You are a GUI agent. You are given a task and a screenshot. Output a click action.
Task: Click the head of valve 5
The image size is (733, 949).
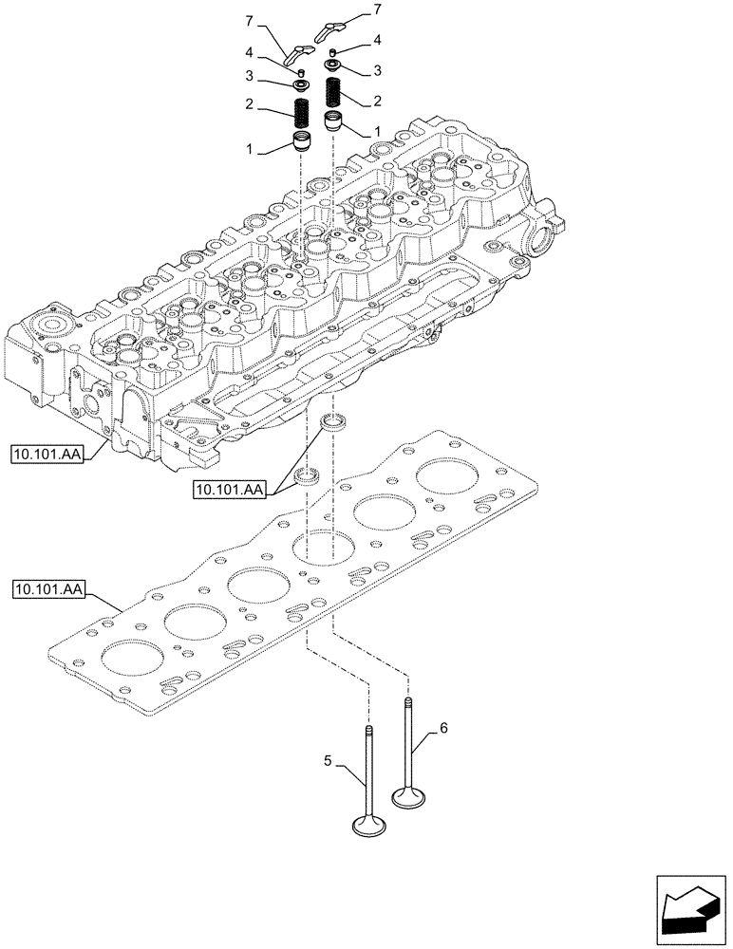369,828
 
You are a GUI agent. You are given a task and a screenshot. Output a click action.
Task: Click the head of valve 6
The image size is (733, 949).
410,798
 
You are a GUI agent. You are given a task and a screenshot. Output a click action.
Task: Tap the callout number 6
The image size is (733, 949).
442,729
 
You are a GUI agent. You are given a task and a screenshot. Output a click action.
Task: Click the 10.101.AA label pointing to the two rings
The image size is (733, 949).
230,489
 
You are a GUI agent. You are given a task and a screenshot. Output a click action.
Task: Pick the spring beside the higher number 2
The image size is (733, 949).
334,93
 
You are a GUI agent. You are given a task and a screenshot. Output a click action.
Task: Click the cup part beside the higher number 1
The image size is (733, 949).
334,121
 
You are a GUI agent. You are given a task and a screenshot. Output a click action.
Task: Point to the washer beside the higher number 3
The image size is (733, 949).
335,65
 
